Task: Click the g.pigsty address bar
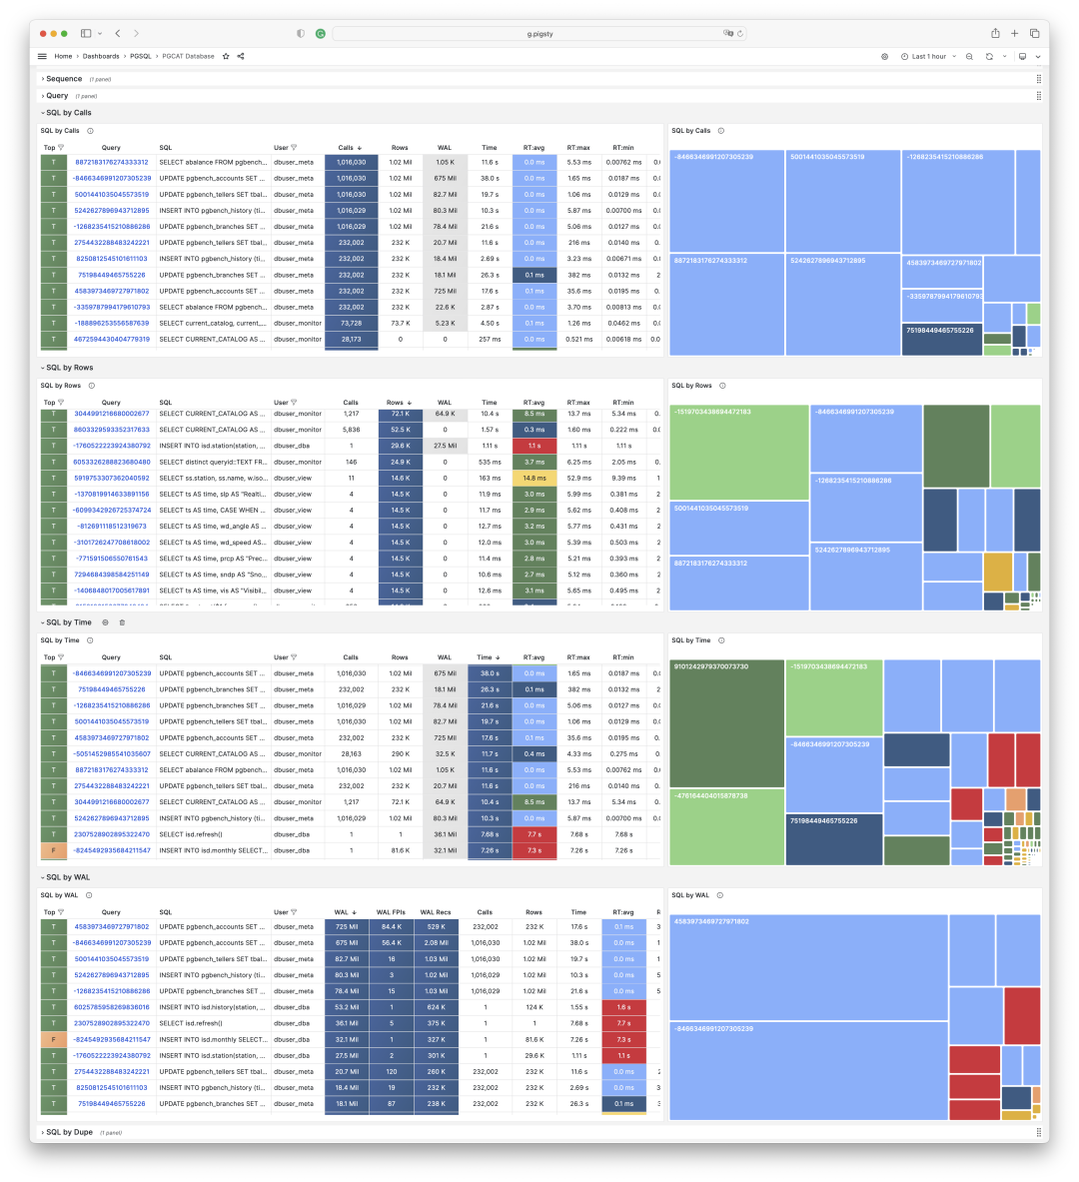pos(539,33)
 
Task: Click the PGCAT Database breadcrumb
pos(188,56)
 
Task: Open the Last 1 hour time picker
pos(928,56)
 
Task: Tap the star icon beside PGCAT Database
pos(226,56)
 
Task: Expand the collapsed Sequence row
pos(64,79)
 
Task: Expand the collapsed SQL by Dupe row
pos(69,1132)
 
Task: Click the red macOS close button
pos(40,33)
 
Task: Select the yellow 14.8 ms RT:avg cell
pos(535,478)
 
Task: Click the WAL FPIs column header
pos(391,912)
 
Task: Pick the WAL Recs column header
pos(436,912)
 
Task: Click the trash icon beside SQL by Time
pos(122,622)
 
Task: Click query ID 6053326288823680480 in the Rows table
pos(111,462)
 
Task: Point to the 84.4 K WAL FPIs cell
pos(392,926)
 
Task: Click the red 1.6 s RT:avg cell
pos(623,1007)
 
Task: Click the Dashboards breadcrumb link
pos(101,56)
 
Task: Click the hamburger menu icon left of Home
pos(42,56)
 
